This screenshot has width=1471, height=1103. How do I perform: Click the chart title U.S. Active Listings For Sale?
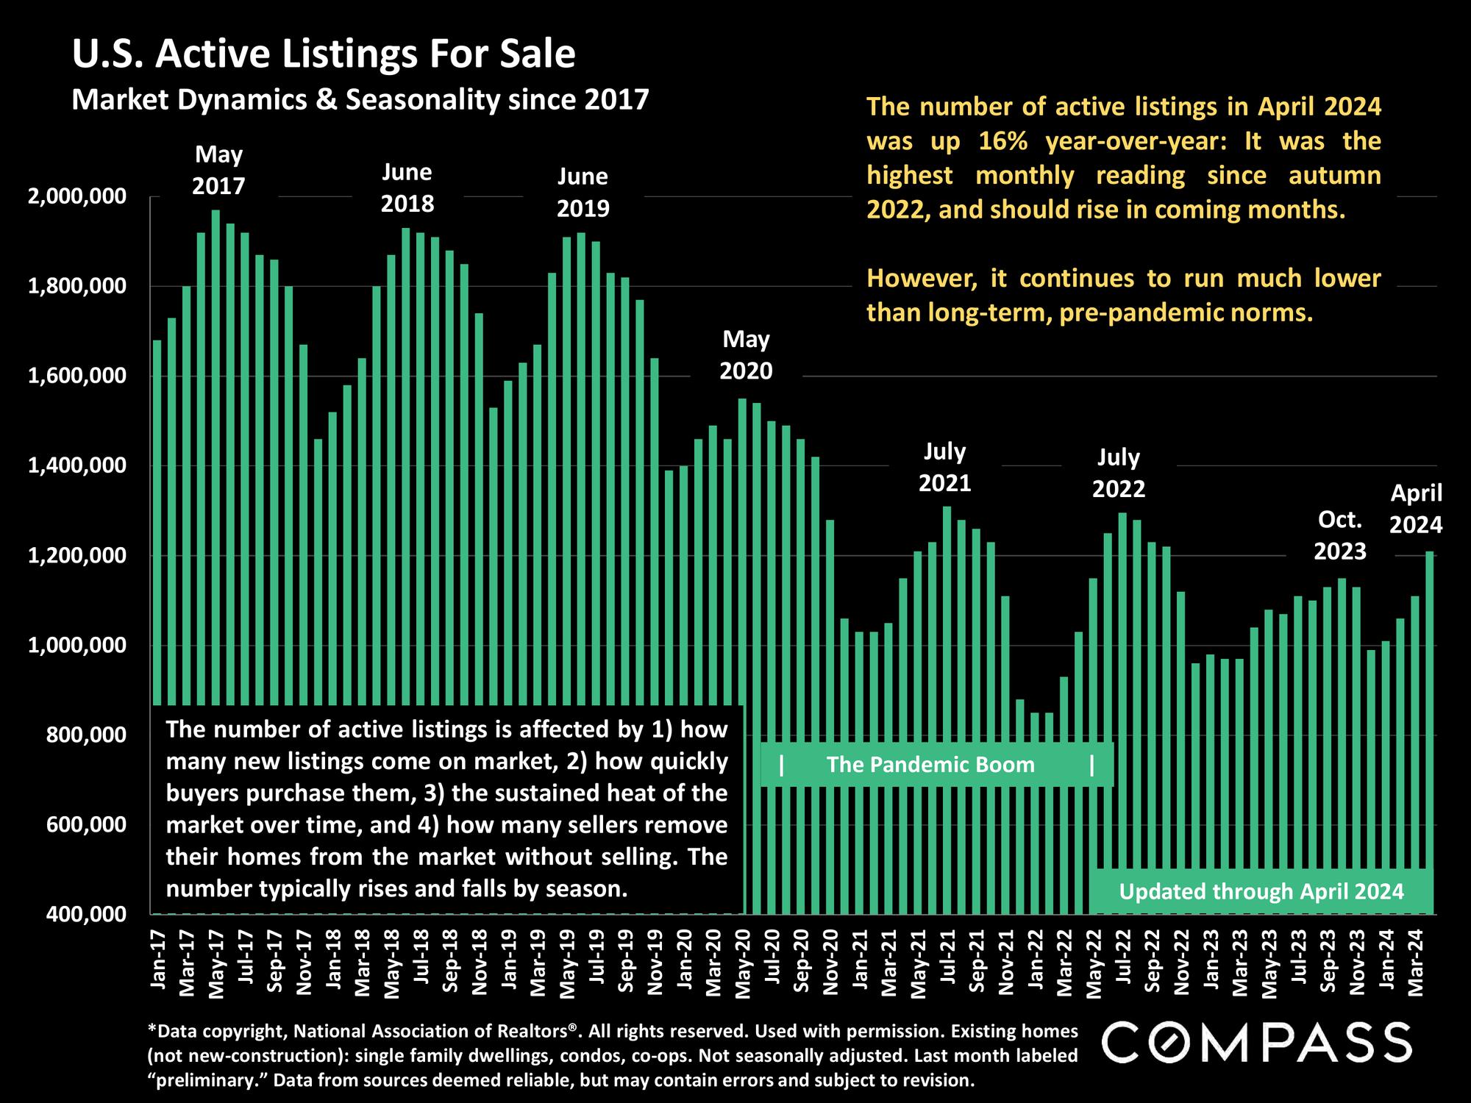point(324,54)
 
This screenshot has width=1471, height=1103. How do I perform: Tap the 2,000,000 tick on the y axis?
point(76,197)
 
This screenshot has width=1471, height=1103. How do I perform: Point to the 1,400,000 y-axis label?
point(76,466)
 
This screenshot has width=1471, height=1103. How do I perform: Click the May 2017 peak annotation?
point(218,170)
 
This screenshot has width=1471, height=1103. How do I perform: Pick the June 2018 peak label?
point(407,188)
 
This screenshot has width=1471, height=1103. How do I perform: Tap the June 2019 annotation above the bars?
point(583,193)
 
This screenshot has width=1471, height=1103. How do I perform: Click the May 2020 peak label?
point(746,355)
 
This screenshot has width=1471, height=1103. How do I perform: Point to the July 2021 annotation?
point(944,467)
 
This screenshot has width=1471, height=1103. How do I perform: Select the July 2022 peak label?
point(1118,473)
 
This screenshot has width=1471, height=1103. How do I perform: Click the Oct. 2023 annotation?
point(1340,535)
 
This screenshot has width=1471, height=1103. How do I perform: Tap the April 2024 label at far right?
point(1416,509)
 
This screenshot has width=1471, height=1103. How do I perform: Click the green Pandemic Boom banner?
point(930,765)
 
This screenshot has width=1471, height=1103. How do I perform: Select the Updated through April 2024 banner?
point(1261,892)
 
